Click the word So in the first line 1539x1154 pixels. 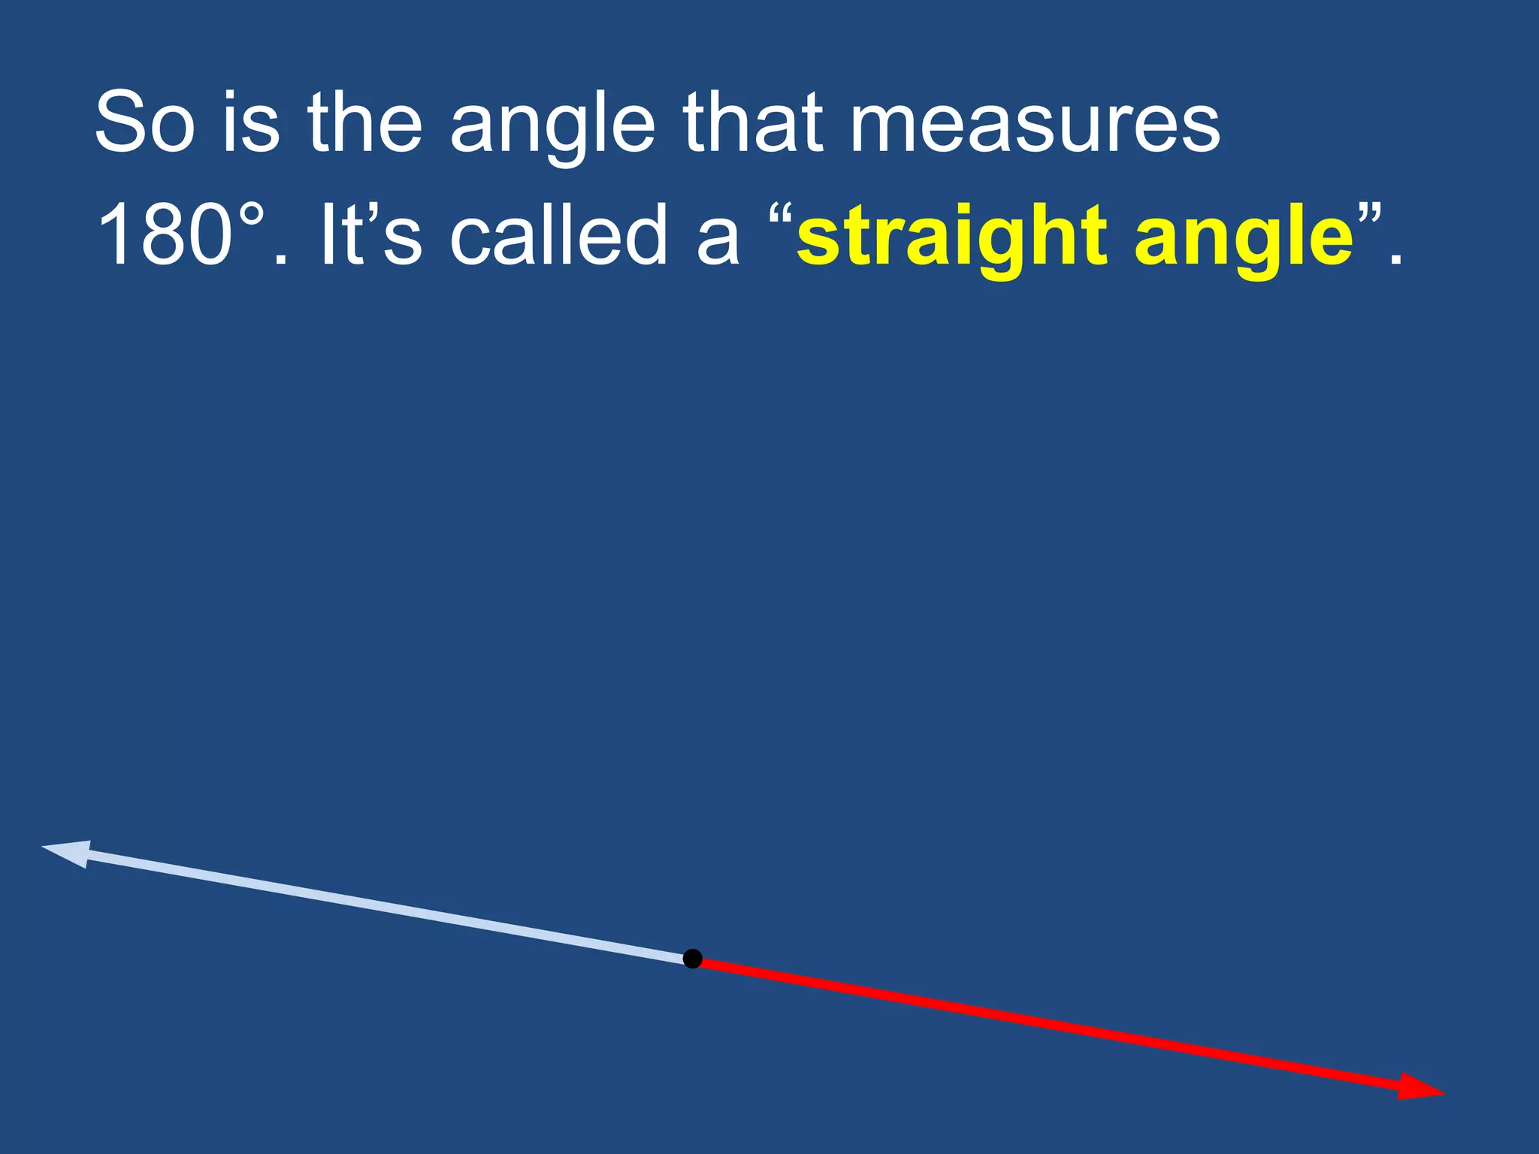[x=144, y=122]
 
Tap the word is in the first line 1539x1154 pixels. [x=251, y=122]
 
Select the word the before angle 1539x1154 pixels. [x=364, y=122]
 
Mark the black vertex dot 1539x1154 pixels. [x=692, y=959]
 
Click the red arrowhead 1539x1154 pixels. [x=1419, y=1087]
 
